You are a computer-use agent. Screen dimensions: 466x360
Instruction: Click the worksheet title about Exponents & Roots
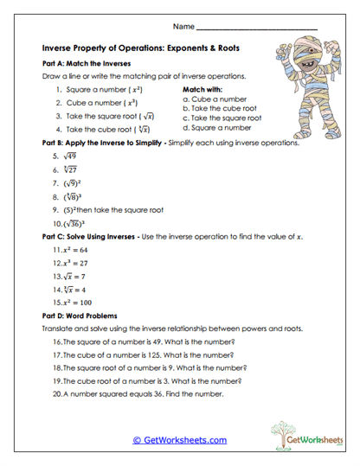144,49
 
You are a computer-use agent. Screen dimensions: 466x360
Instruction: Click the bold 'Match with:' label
203,89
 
